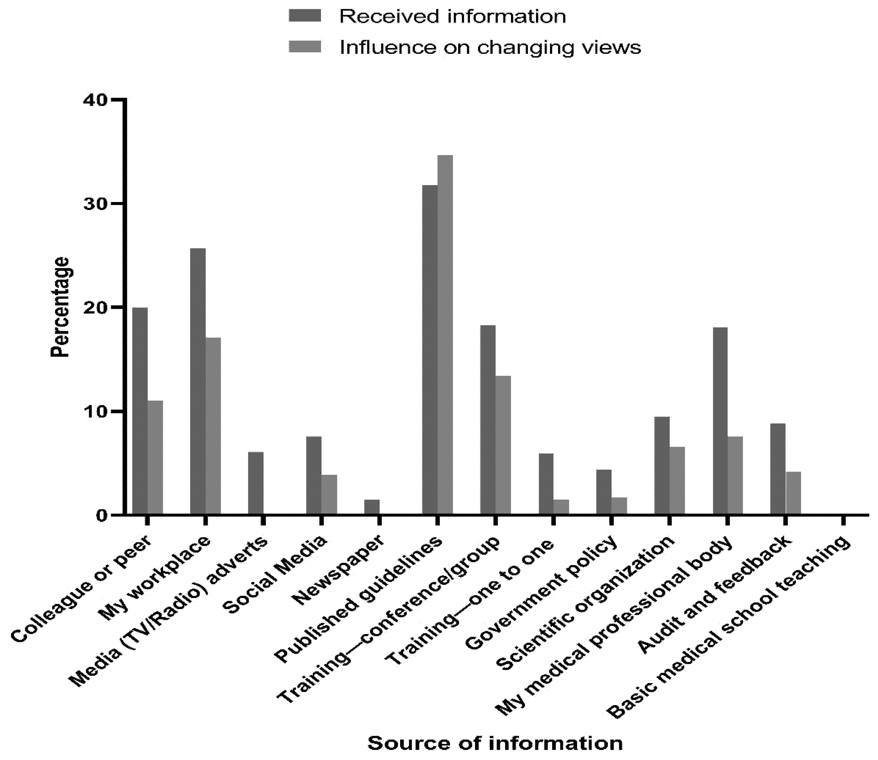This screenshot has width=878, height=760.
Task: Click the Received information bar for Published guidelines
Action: [x=430, y=350]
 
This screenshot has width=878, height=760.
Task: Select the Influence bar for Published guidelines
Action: [x=445, y=335]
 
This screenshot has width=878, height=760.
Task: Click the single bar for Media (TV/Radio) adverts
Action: [x=256, y=483]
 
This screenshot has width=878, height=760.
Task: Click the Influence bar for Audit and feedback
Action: [x=793, y=493]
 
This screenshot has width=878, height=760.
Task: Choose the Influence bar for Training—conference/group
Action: [x=503, y=445]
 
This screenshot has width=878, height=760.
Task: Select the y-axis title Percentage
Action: [x=60, y=307]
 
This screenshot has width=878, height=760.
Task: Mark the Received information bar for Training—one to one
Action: [x=546, y=484]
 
